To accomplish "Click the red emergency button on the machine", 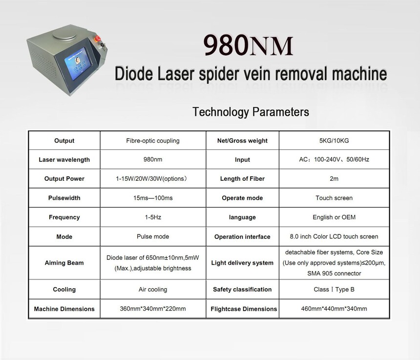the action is pos(98,38).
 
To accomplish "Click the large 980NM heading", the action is pos(248,45).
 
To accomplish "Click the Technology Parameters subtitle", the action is pos(251,112).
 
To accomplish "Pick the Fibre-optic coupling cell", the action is pos(153,141).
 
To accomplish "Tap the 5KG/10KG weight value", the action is pos(334,141).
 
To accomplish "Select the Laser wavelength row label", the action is pos(64,160).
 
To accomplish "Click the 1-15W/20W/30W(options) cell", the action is pos(151,179).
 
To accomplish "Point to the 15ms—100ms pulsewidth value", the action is pos(153,198).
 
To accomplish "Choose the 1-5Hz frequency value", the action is pos(153,217).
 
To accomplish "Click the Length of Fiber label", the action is pos(242,179).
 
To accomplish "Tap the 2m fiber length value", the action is pos(334,179).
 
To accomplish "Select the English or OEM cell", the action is pos(334,217).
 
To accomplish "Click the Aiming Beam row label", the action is pos(64,263).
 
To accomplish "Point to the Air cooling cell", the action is pos(153,290).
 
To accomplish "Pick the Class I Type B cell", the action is pos(334,290).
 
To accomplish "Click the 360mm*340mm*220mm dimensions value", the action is pos(153,309).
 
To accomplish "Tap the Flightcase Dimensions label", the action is pos(244,309).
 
